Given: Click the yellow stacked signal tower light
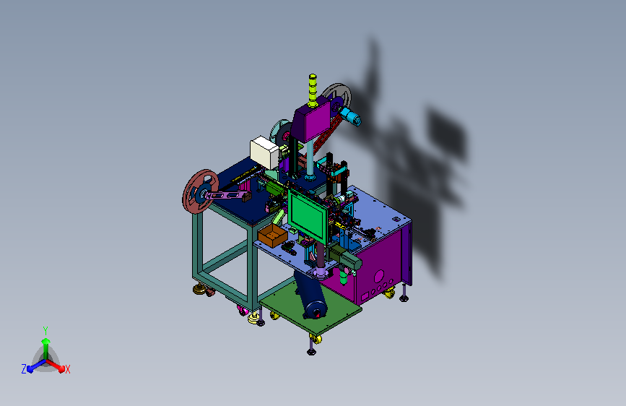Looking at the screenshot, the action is click(x=313, y=90).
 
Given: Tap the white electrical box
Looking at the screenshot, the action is click(x=264, y=152).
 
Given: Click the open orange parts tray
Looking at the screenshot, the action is click(x=272, y=235).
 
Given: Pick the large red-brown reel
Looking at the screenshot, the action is click(x=200, y=191).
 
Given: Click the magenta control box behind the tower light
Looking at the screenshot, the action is click(x=310, y=121).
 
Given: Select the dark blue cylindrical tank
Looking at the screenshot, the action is click(x=311, y=294).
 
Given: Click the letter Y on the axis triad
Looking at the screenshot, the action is click(x=45, y=331).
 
